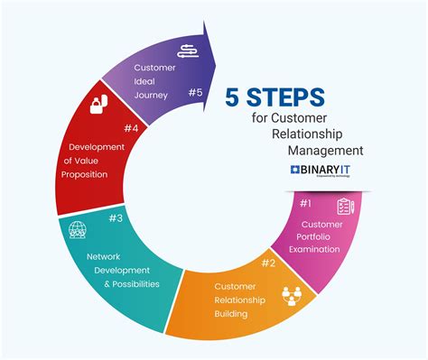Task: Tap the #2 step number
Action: click(x=268, y=263)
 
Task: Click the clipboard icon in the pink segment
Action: click(x=346, y=206)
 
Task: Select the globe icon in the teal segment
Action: click(x=78, y=230)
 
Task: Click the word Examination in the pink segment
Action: click(x=321, y=250)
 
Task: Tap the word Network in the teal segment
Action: click(x=104, y=256)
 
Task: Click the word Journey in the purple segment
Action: click(x=152, y=95)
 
